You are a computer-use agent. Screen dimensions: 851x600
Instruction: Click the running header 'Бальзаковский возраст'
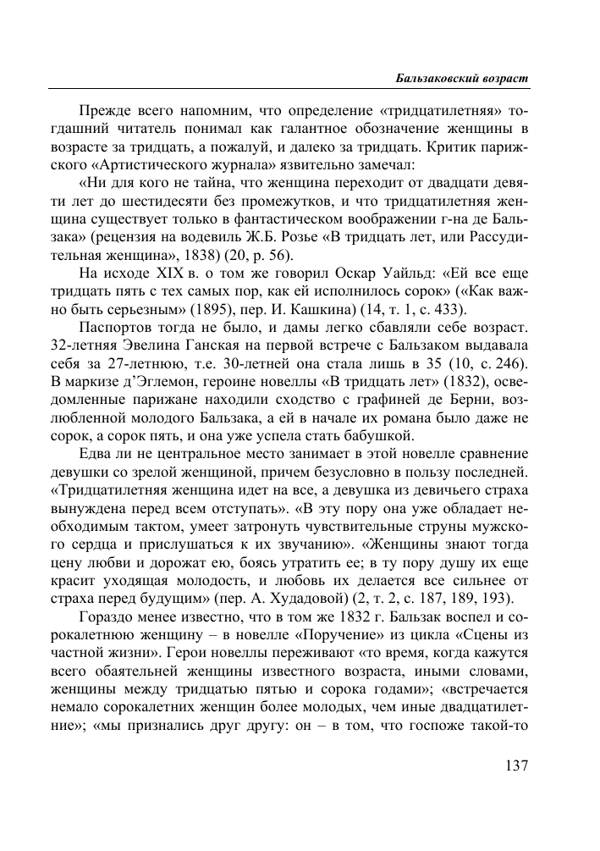click(x=462, y=77)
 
